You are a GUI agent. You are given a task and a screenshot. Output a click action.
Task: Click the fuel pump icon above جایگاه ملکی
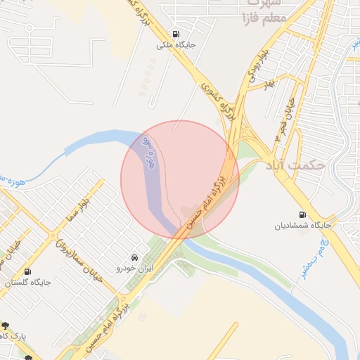point(175,33)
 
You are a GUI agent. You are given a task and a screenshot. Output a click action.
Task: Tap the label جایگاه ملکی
point(176,44)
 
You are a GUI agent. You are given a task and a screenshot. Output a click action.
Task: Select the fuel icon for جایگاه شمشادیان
point(302,214)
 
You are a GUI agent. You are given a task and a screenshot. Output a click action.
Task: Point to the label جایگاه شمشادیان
point(302,226)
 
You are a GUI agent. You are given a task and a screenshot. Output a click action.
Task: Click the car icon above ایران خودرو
point(134,257)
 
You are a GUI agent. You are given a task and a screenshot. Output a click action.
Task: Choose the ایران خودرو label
point(134,269)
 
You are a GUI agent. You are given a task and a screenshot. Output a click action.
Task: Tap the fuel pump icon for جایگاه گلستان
point(27,271)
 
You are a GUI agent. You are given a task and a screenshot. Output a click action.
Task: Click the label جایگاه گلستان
point(27,283)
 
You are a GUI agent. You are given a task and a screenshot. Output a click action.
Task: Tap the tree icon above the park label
point(6,326)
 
